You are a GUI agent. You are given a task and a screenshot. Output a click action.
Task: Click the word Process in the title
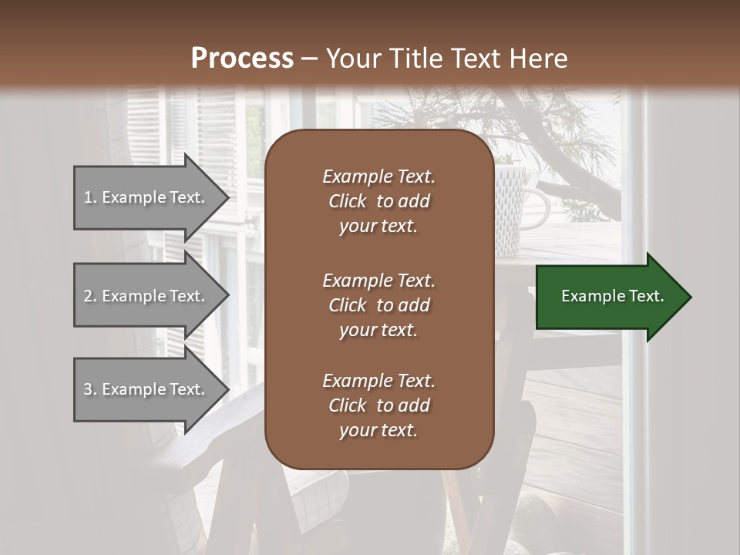coord(242,59)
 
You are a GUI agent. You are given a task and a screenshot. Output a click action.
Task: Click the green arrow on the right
coord(609,297)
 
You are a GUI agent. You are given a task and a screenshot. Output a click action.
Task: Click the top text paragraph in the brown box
coord(378,201)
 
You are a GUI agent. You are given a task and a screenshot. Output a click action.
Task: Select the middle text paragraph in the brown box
coord(378,305)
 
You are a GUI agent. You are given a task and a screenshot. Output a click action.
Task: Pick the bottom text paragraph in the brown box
coord(378,405)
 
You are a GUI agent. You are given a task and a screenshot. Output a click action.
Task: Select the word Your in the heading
coord(351,59)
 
